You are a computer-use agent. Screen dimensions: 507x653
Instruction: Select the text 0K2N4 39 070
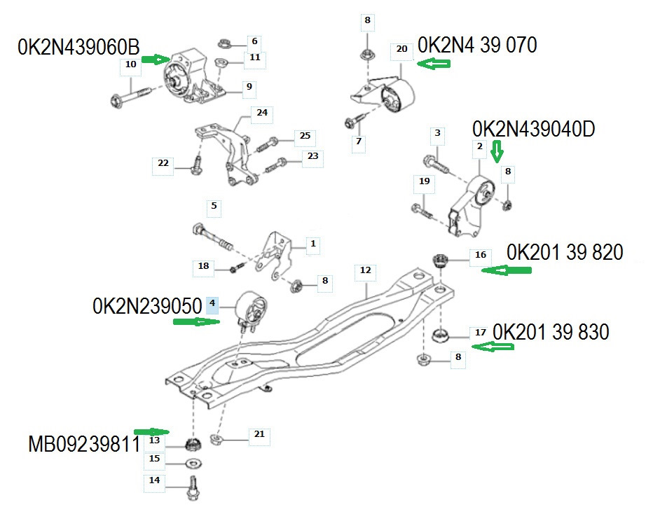[x=477, y=46]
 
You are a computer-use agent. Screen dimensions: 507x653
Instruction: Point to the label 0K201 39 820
[x=565, y=253]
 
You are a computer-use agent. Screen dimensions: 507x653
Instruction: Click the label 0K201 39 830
[x=551, y=332]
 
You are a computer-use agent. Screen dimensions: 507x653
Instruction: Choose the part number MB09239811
[x=84, y=444]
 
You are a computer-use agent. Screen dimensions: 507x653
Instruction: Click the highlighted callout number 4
[x=213, y=305]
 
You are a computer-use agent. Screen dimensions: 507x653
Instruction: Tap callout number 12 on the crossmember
[x=366, y=270]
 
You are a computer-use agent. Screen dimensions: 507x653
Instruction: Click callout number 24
[x=262, y=113]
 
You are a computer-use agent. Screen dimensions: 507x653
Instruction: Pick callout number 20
[x=401, y=49]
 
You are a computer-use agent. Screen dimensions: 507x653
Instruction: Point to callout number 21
[x=259, y=435]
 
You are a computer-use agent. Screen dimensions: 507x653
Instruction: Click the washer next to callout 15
[x=191, y=463]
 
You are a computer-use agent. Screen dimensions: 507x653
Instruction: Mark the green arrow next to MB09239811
[x=152, y=432]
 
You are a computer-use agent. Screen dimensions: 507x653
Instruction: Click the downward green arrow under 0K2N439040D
[x=497, y=151]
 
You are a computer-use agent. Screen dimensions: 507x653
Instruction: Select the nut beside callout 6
[x=226, y=43]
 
